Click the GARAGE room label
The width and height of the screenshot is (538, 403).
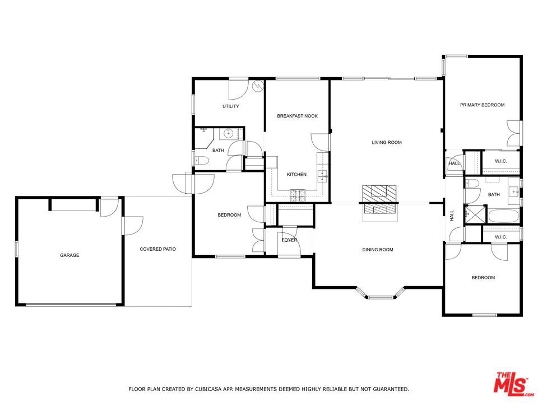(69, 255)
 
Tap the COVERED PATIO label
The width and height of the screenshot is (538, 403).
(158, 249)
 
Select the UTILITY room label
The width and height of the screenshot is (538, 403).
(230, 106)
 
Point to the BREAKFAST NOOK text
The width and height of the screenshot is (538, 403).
(297, 116)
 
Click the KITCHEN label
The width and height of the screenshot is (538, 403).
(296, 175)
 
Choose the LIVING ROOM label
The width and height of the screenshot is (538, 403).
(387, 143)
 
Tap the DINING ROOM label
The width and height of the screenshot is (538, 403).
(378, 250)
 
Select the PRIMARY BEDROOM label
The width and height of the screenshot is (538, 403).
(482, 105)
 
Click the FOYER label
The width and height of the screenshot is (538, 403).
(289, 240)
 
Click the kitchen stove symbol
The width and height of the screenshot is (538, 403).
(297, 195)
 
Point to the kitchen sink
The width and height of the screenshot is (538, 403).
(323, 176)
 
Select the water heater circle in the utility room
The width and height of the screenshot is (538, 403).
(258, 86)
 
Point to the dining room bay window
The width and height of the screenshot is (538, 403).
(381, 293)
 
